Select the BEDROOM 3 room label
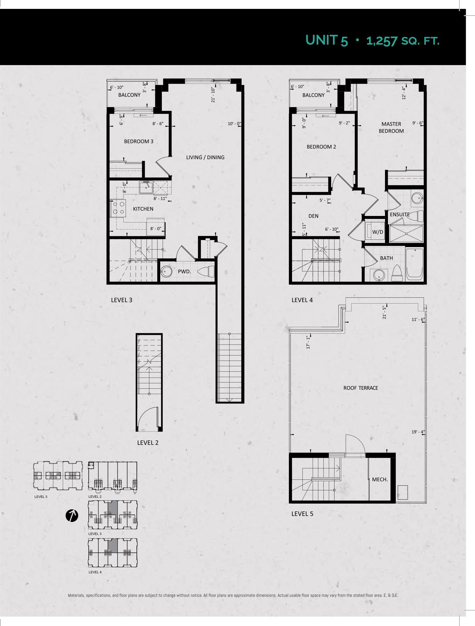139,141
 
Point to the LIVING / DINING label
205,157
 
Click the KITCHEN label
143,209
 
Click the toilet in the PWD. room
206,272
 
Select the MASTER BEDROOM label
391,127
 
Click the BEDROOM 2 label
321,146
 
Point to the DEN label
313,216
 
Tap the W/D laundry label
377,232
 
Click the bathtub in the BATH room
415,265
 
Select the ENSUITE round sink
417,198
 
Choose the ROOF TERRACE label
361,388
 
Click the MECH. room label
380,480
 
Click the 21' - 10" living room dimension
213,95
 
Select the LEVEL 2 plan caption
148,443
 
